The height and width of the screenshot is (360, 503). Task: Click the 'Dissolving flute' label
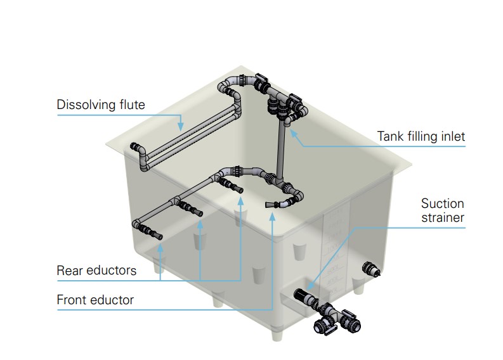point(101,105)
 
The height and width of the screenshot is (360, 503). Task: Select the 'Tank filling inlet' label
point(421,136)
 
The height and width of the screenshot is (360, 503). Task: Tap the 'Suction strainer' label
point(443,210)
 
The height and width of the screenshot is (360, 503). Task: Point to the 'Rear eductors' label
point(96,271)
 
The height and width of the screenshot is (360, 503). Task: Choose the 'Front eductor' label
point(95,300)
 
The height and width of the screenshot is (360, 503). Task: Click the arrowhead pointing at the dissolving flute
point(181,128)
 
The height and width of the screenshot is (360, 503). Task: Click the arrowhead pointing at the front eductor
point(272,215)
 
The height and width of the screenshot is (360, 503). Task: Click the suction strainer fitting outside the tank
point(304,296)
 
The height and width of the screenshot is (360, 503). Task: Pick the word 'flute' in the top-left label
point(131,105)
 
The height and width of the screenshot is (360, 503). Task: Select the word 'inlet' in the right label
point(451,136)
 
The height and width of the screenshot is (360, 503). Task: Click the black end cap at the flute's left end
point(135,148)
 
